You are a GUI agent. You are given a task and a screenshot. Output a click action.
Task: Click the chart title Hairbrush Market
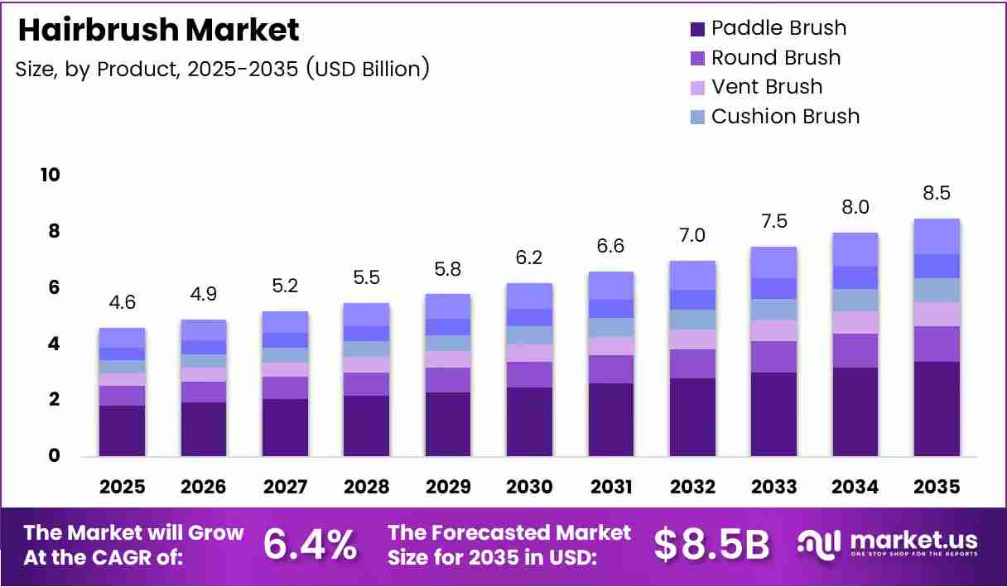coord(159,30)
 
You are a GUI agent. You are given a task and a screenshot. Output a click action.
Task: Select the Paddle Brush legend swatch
coord(697,29)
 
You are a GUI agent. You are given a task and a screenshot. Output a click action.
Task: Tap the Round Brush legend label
coord(776,57)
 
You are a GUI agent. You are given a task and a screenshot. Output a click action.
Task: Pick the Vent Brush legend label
coord(767,87)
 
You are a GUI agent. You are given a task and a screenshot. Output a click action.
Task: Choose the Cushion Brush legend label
coord(785,117)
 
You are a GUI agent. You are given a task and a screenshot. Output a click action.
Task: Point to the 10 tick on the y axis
coord(50,175)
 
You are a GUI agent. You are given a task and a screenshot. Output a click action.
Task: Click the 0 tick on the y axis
coord(54,455)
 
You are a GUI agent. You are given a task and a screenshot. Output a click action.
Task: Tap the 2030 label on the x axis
coord(529,487)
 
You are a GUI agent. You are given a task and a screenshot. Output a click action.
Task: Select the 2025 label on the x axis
coord(123,487)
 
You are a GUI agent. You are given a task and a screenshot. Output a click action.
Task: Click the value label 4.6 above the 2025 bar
coord(123,302)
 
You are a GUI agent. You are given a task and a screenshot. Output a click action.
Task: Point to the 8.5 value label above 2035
coord(937,193)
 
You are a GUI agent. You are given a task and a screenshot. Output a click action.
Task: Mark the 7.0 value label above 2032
coord(692,235)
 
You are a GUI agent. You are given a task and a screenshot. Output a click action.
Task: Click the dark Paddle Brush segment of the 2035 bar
coord(937,409)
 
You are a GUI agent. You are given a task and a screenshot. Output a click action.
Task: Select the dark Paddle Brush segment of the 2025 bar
coord(123,431)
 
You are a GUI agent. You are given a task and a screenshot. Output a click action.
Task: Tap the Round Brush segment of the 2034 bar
coord(855,350)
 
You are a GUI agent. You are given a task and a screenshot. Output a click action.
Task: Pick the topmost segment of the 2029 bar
coord(448,306)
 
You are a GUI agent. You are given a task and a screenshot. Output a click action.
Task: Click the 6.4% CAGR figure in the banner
coord(311,545)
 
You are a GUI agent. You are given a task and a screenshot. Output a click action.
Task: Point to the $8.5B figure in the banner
coord(711,545)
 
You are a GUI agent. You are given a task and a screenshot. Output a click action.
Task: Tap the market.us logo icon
coord(819,545)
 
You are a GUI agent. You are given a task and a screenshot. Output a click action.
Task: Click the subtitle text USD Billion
coord(368,70)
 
